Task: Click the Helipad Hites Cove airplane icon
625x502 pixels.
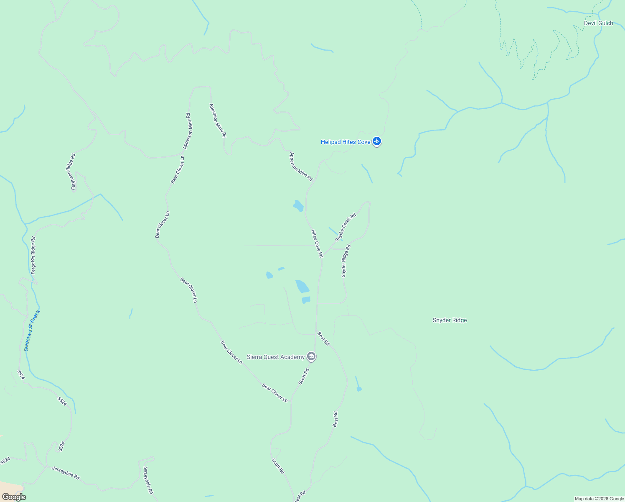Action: [x=377, y=141]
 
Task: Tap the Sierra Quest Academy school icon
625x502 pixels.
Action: [x=311, y=357]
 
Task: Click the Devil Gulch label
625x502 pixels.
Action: [x=598, y=23]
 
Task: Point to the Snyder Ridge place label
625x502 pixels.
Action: [x=450, y=320]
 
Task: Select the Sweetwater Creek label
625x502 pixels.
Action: [x=32, y=330]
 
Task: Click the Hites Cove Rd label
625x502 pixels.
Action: [x=317, y=243]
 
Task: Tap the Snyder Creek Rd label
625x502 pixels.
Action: [x=346, y=228]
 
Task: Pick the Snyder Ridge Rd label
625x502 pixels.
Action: [x=346, y=261]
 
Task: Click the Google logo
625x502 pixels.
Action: [x=14, y=497]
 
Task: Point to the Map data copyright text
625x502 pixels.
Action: [x=599, y=499]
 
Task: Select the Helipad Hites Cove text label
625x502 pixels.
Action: [x=346, y=142]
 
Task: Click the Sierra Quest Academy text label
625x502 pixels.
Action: [x=276, y=357]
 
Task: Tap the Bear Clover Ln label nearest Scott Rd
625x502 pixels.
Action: [x=275, y=393]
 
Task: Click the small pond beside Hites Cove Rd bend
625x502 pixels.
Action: [x=298, y=206]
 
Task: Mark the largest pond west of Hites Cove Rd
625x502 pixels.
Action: [x=302, y=287]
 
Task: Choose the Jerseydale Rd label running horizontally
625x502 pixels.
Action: [x=66, y=473]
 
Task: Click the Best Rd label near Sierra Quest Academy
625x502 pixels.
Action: [x=324, y=339]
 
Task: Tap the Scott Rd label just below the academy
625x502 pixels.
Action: [x=304, y=376]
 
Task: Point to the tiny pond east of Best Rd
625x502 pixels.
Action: [x=359, y=389]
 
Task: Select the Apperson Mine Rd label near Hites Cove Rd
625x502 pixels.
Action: [x=301, y=167]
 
